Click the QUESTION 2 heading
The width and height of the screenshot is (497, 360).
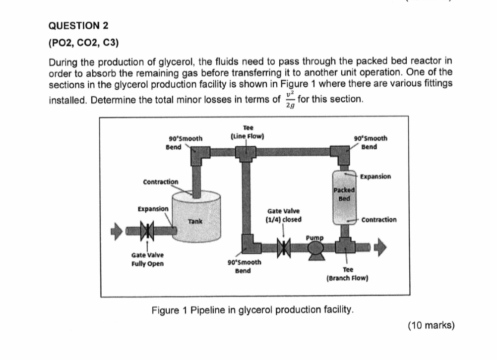pos(78,25)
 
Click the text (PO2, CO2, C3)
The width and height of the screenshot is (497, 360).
pos(83,43)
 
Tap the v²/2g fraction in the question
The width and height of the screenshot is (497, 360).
pos(291,99)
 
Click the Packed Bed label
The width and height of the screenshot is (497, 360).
pos(345,194)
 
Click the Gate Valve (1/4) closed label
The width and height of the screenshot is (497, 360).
pos(284,215)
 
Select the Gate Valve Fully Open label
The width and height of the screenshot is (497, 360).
pos(147,259)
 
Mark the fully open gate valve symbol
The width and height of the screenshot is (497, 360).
pos(147,231)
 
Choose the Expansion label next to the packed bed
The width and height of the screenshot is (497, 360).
pos(375,177)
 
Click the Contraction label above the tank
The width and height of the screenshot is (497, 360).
pos(161,182)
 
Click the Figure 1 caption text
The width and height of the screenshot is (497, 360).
pos(253,310)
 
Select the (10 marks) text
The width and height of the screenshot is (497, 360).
pos(431,325)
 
